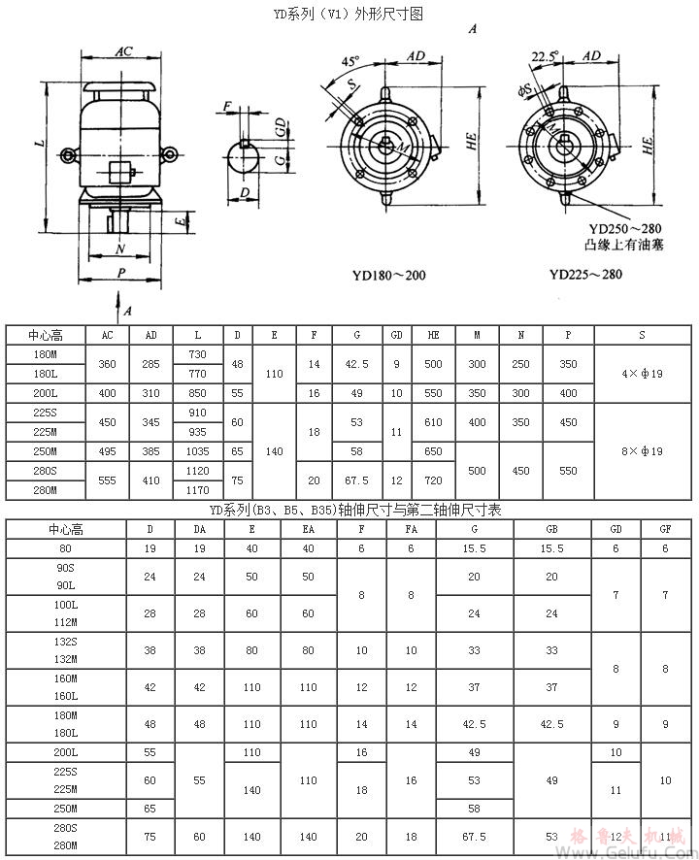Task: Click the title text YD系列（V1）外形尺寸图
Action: [349, 14]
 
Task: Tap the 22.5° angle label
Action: [546, 57]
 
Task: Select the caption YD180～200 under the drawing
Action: [388, 275]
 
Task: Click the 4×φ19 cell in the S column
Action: [642, 374]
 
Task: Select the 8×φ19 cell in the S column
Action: [642, 451]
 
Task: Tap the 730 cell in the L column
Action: [198, 354]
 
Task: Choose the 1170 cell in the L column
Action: [198, 490]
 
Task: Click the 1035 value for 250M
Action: [198, 451]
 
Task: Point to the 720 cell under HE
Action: [433, 480]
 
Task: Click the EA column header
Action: [308, 529]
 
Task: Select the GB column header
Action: [551, 529]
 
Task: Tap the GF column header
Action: [665, 529]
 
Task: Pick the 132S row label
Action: [66, 642]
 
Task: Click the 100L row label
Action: [66, 605]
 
